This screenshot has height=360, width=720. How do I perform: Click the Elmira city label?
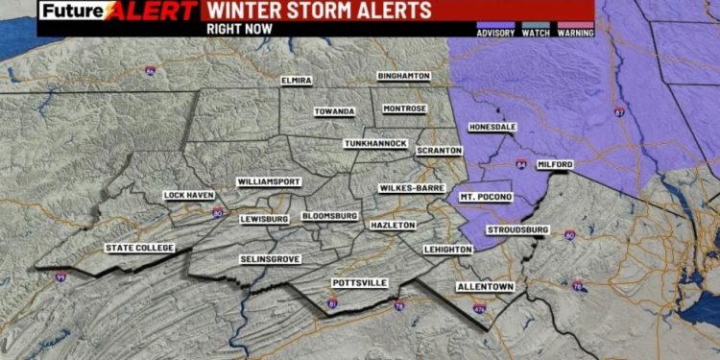(297, 80)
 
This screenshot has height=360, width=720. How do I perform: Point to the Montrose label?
(404, 108)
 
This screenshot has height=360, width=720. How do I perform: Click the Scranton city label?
(439, 151)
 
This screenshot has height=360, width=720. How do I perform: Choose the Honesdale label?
(492, 127)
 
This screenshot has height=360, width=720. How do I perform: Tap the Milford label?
(555, 165)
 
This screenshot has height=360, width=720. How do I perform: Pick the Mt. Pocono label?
(485, 197)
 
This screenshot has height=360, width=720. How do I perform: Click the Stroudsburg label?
(517, 230)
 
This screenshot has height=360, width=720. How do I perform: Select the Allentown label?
(486, 287)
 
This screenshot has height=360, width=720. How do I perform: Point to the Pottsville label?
(359, 283)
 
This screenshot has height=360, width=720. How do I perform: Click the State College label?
(140, 249)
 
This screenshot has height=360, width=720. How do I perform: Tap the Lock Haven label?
(188, 196)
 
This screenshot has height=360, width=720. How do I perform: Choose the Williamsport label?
(269, 181)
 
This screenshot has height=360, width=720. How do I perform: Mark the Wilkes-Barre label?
(411, 188)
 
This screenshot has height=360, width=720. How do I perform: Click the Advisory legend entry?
(495, 33)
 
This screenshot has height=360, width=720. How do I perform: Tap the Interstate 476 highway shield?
(479, 308)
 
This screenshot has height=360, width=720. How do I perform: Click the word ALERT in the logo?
(140, 12)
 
